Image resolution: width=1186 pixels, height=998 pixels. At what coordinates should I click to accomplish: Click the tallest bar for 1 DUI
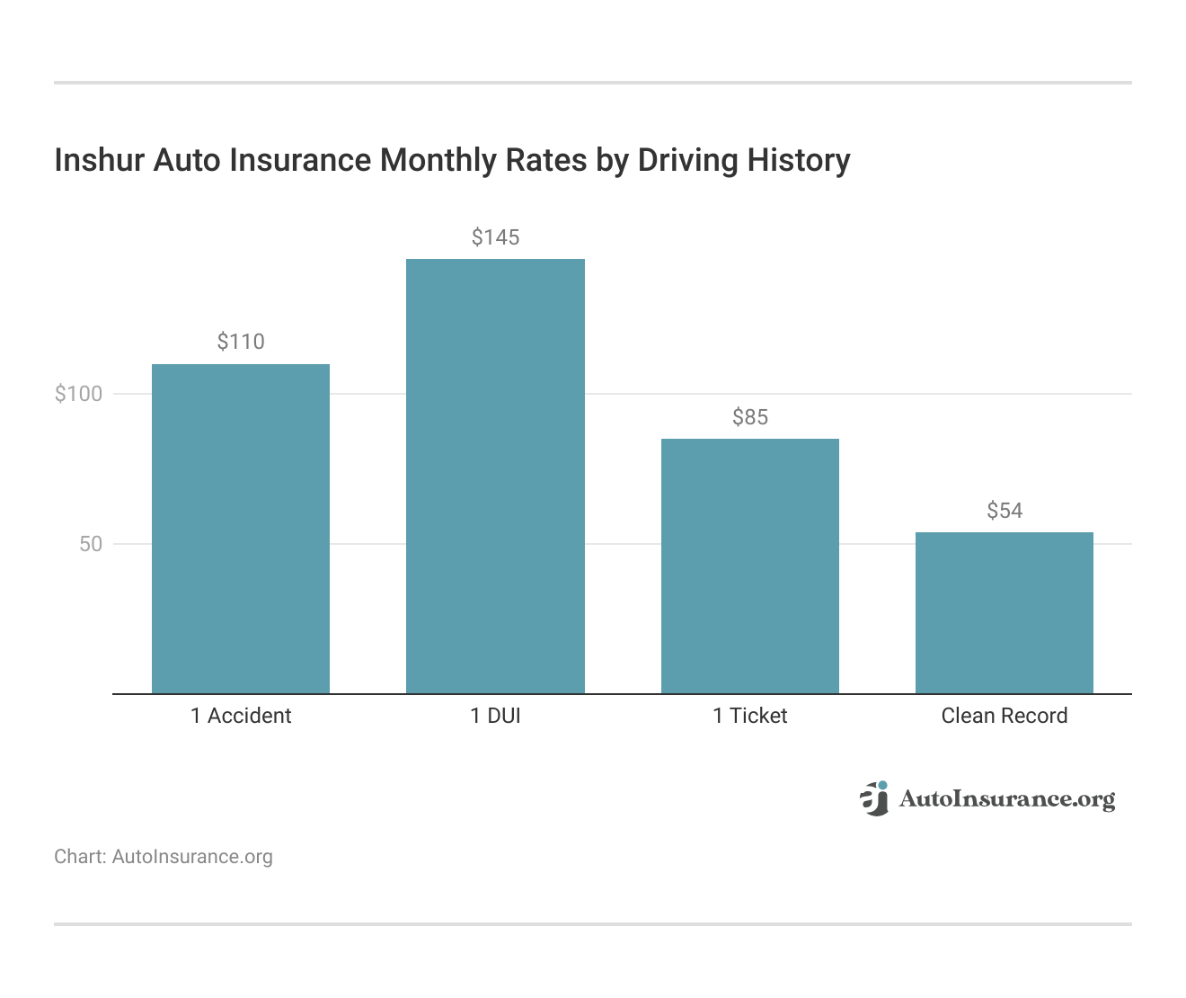click(495, 477)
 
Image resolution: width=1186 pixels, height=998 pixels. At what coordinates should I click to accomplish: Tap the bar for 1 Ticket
click(750, 566)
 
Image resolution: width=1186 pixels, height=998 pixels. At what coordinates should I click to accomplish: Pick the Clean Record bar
click(1005, 613)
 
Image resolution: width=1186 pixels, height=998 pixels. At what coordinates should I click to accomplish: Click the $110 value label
click(241, 342)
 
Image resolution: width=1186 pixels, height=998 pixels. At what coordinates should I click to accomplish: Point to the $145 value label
click(495, 237)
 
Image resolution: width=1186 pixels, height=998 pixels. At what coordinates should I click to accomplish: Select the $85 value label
click(750, 417)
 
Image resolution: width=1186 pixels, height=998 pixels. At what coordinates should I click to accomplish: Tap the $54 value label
click(1005, 511)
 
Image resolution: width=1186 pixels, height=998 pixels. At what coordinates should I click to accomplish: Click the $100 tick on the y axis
click(79, 394)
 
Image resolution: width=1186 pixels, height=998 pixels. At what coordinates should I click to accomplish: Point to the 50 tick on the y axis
click(91, 544)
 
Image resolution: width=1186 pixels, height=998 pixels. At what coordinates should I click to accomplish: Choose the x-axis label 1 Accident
click(241, 716)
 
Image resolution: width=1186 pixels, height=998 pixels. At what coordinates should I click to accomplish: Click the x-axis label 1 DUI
click(495, 716)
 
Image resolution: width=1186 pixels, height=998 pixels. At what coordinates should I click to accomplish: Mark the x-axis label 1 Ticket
click(750, 716)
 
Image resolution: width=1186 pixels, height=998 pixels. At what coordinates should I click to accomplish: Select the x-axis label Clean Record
click(1005, 716)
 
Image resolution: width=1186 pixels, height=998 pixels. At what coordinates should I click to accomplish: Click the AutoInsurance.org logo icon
click(873, 798)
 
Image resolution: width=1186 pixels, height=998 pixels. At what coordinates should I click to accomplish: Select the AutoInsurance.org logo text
click(1006, 798)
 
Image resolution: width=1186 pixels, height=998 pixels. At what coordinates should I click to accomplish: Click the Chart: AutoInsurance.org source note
click(164, 857)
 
